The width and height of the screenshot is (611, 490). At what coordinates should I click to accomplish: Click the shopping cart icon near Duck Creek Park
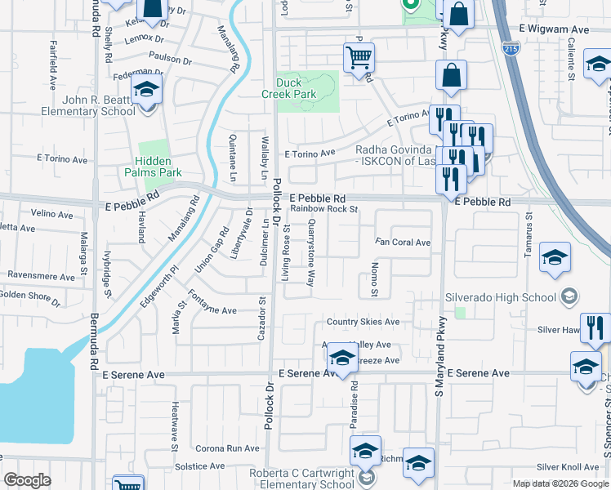[358, 59]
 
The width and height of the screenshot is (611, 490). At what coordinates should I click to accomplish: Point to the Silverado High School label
[500, 296]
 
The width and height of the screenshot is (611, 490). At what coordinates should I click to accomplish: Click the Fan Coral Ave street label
[403, 243]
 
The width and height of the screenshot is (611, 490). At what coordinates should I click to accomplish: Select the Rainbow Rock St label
[325, 209]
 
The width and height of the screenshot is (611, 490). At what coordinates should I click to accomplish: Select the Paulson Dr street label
[170, 60]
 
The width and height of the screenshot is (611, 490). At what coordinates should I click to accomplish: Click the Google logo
[27, 480]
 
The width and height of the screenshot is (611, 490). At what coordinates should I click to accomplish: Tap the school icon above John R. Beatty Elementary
[147, 90]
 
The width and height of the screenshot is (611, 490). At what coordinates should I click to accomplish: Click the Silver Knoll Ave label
[568, 467]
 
